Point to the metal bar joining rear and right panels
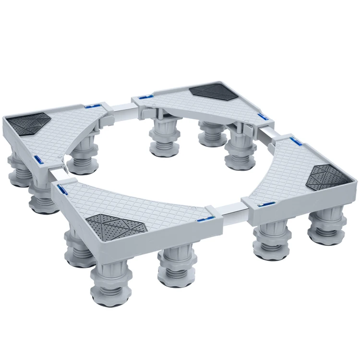pyautogui.click(x=269, y=133)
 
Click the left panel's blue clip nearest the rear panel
pyautogui.click(x=93, y=104)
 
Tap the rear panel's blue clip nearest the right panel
pyautogui.click(x=262, y=117)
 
